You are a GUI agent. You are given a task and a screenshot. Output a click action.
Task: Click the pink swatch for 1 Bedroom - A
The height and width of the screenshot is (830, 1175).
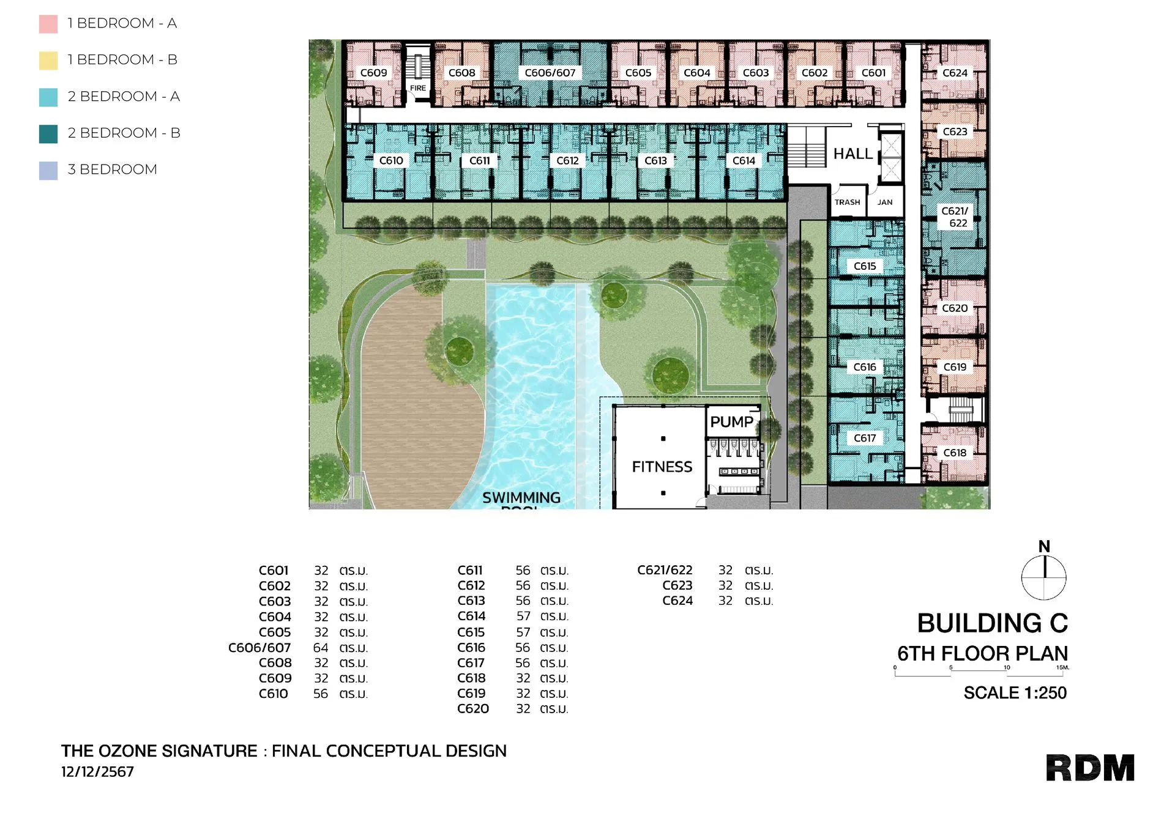(48, 24)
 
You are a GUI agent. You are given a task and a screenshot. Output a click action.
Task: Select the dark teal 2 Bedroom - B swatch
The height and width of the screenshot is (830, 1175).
(48, 133)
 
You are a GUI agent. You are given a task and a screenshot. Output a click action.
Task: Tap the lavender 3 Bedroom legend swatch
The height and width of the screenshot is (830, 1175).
(48, 170)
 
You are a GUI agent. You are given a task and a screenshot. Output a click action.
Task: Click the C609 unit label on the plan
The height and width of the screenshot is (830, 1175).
(373, 73)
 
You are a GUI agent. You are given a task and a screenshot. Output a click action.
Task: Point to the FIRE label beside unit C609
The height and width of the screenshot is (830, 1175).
(418, 88)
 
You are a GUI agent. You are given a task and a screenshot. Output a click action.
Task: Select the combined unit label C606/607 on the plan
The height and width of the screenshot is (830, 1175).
(550, 73)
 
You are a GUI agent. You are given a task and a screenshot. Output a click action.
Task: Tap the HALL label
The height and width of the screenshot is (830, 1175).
(852, 154)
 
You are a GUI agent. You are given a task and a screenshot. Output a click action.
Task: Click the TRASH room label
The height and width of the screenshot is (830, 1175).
(847, 202)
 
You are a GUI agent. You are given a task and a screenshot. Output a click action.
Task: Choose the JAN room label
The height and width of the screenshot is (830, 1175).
(885, 202)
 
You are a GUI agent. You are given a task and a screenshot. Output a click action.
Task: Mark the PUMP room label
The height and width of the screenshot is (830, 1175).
(731, 422)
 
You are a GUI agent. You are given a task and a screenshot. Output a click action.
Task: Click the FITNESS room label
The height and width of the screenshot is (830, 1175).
(662, 467)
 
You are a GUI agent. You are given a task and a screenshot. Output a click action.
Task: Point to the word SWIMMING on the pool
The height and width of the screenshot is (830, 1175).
(521, 498)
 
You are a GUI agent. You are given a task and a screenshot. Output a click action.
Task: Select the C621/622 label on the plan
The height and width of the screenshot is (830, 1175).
(955, 217)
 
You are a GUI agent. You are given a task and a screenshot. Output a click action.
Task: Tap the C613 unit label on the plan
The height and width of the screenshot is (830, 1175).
(655, 161)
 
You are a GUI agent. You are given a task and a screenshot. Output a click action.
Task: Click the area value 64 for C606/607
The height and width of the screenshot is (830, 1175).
(321, 648)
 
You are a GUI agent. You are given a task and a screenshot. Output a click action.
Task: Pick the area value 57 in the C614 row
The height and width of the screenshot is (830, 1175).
(523, 617)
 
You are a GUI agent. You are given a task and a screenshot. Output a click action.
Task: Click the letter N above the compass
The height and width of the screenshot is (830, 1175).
(1044, 546)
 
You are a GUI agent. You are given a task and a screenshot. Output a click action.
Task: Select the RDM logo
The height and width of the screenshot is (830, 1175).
(1090, 768)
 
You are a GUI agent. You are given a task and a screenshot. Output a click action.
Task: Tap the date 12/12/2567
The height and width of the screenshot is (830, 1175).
(97, 772)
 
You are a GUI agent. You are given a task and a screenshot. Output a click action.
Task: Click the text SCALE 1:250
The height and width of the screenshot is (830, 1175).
(1015, 693)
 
